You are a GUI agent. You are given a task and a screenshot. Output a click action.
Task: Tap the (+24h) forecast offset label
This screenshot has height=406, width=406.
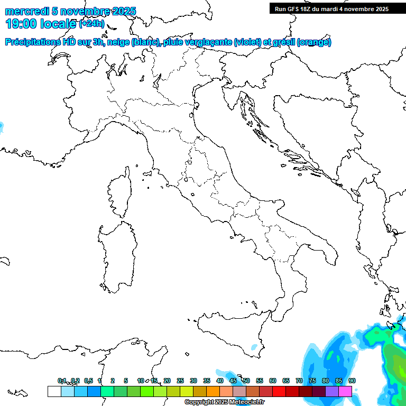tap(91, 23)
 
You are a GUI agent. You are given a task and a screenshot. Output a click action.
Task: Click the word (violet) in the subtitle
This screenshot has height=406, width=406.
tap(247, 42)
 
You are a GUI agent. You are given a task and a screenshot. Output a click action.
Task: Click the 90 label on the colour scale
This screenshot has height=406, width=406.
tap(352, 381)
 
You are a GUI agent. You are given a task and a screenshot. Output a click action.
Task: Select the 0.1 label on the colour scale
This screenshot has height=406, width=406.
tap(62, 381)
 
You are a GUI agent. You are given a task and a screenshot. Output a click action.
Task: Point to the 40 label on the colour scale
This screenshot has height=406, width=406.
tap(220, 381)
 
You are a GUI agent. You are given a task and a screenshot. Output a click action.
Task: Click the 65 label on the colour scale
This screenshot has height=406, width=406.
tap(286, 381)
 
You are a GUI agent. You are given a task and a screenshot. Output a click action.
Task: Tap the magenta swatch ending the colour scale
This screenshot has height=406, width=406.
tap(345, 391)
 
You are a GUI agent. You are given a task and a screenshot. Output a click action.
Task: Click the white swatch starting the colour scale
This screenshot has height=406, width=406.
tap(54, 391)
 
